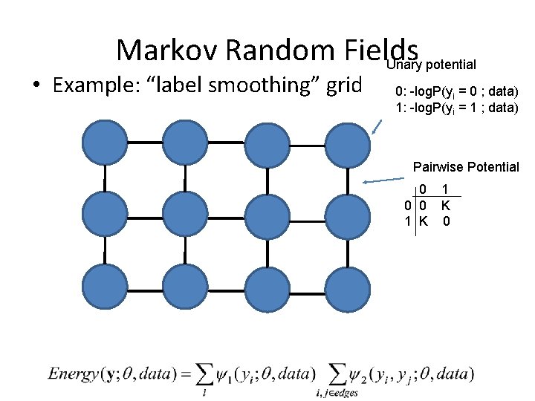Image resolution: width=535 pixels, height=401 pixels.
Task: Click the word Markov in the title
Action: (x=166, y=50)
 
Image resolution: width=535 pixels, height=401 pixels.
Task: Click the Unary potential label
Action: (x=432, y=65)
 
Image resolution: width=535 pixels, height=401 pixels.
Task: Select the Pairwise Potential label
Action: (x=466, y=167)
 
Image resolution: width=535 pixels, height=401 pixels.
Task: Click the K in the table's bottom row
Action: (x=423, y=221)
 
